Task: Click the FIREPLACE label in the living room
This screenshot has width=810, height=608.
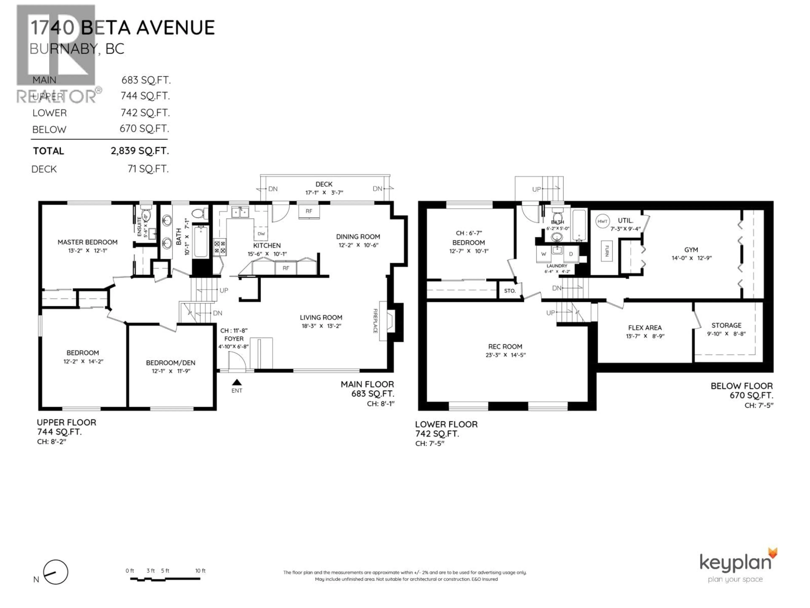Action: (375, 321)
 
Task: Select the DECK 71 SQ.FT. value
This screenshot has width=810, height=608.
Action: (148, 169)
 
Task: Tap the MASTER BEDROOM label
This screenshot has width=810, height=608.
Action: (88, 242)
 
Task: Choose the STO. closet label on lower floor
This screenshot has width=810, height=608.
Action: (510, 291)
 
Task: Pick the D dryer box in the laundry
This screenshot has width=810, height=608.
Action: (571, 254)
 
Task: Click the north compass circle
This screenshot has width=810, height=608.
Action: (56, 572)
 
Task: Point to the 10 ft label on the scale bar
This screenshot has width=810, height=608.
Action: (200, 571)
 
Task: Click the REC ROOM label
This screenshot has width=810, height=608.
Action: (505, 346)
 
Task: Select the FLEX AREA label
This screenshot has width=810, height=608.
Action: (645, 328)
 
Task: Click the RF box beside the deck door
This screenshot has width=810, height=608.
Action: (309, 211)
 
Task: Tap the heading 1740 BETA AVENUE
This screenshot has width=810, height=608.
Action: (122, 28)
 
